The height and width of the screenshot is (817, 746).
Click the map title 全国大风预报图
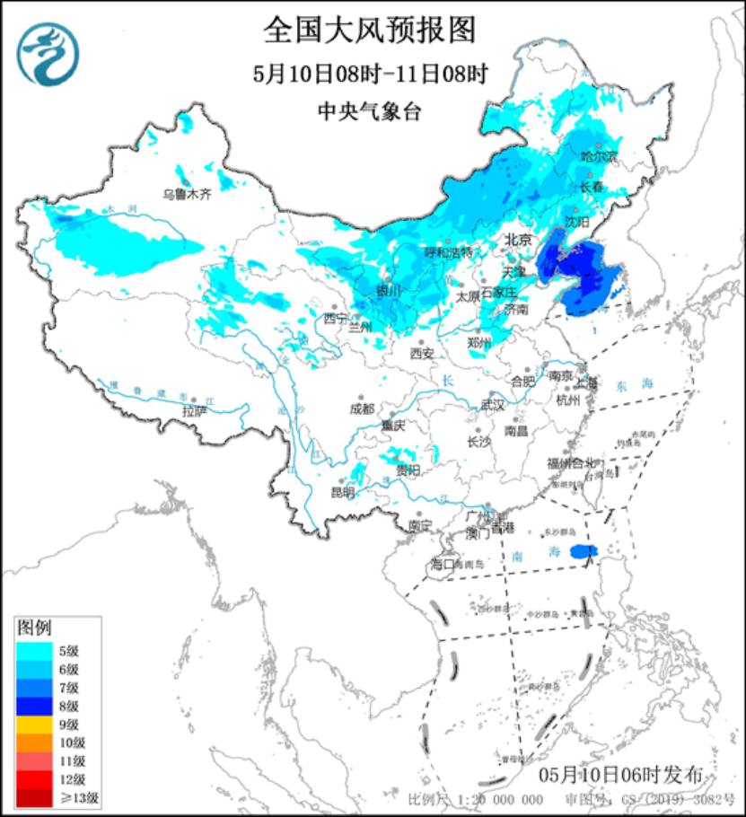pos(368,31)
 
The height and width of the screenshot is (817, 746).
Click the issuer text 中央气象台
pos(369,111)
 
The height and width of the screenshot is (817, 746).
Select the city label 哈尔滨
pos(600,157)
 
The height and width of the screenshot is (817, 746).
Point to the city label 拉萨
pos(194,411)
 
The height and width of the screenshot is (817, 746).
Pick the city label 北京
pos(518,240)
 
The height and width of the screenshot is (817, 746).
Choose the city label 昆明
pos(342,492)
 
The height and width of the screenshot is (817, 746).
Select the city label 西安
pos(422,354)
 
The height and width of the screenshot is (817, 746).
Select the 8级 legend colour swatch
pos(36,706)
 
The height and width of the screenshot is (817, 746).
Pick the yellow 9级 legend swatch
pos(36,724)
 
